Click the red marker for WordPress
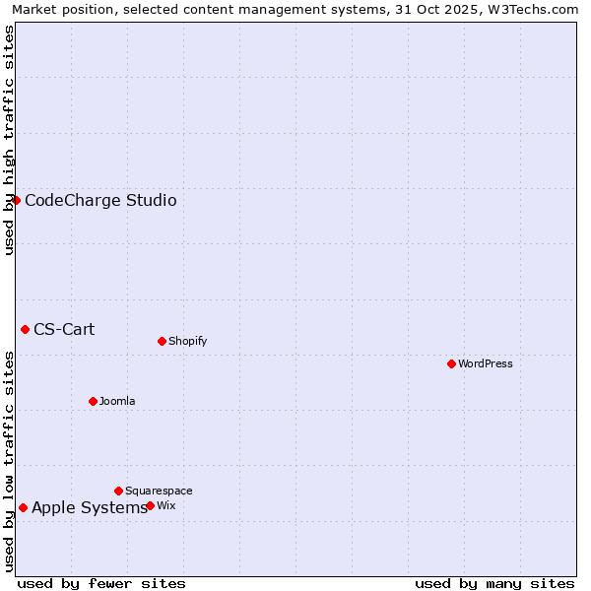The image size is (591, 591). [451, 363]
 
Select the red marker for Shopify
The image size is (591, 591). [162, 341]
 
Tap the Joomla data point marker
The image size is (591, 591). [93, 401]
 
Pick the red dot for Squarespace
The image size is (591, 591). [118, 491]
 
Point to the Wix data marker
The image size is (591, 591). [150, 505]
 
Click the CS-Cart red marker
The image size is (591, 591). [25, 329]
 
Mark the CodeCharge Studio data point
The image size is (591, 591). [16, 200]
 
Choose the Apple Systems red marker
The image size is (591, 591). [23, 507]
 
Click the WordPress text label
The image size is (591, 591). [486, 363]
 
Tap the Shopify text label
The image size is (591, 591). [188, 341]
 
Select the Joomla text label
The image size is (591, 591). [117, 401]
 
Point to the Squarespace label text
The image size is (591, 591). [159, 491]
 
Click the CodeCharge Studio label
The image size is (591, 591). [100, 201]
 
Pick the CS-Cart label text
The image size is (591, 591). [64, 329]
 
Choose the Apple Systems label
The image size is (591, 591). [89, 508]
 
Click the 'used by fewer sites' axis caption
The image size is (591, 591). [101, 583]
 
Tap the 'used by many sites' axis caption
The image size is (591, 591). [494, 583]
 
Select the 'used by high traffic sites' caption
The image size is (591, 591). [9, 140]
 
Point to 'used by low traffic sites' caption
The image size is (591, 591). [9, 460]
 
